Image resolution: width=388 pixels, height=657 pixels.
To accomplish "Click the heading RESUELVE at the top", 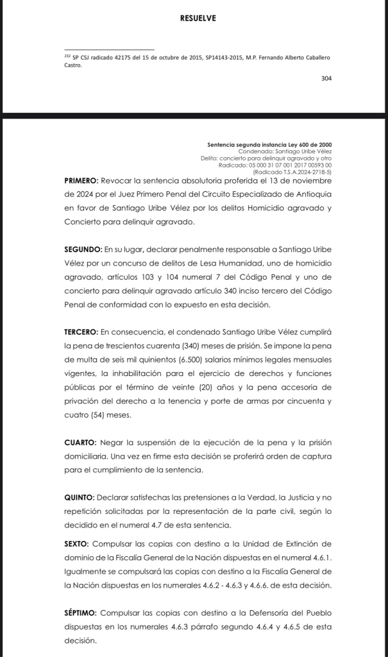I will coord(198,19).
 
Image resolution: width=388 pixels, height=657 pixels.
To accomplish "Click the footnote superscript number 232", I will coord(67,56).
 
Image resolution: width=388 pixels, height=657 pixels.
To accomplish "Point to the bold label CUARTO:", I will coord(86,443).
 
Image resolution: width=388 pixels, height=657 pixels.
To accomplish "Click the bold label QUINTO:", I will coord(85,498).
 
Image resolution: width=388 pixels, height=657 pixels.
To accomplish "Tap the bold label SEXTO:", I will coord(82,542).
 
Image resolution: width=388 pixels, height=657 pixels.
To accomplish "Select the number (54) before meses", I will coord(103,415).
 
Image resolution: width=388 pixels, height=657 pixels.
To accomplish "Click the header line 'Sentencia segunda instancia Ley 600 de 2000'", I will coord(269,144).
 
